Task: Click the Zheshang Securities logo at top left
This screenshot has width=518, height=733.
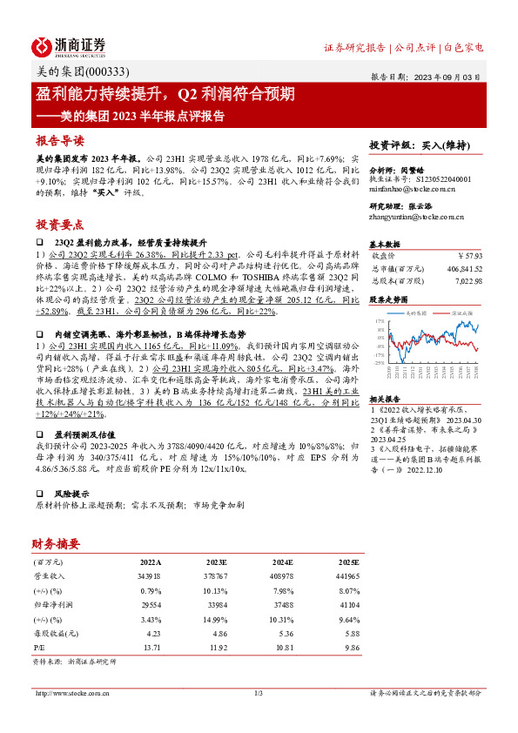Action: click(69, 46)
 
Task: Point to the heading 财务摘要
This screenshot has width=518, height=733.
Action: click(57, 543)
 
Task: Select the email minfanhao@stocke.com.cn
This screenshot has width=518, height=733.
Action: click(406, 188)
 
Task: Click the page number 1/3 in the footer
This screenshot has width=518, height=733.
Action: click(258, 693)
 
